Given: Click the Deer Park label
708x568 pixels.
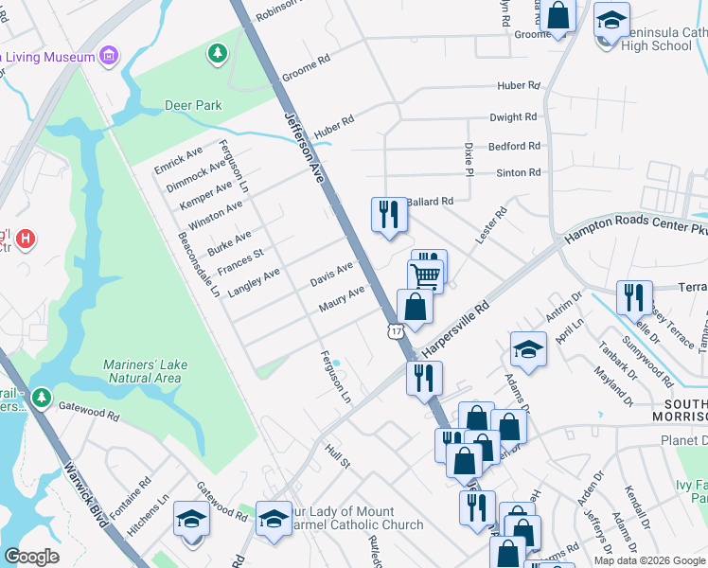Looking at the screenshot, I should click(193, 105).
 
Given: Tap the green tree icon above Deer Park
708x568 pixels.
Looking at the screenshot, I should click(218, 52).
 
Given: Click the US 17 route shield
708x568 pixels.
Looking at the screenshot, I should click(395, 329).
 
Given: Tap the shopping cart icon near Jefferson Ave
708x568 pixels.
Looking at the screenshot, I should click(427, 275).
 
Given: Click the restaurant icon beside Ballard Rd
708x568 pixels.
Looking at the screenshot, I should click(387, 214).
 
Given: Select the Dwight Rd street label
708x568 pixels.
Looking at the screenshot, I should click(513, 117).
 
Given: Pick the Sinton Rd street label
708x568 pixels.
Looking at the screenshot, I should click(518, 172).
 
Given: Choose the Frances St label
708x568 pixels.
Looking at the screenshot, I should click(244, 257).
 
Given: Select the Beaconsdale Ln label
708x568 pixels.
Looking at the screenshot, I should click(198, 265).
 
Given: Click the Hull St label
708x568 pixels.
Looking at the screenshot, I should click(338, 456).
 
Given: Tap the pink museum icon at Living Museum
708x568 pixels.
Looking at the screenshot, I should click(110, 57).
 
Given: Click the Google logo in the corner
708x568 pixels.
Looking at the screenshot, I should click(31, 557).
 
